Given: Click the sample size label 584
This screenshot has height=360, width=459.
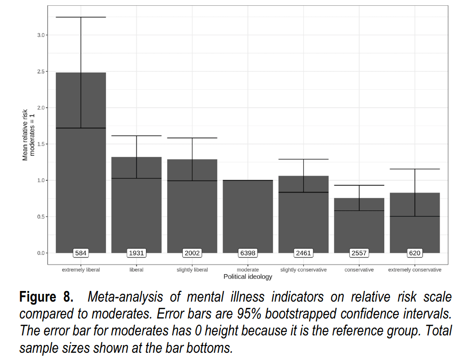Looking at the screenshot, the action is [x=81, y=253].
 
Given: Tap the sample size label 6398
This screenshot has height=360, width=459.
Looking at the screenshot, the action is [x=248, y=253].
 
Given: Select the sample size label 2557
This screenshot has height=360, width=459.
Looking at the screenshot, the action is [x=359, y=253].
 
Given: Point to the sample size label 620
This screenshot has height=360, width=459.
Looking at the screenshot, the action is [x=415, y=253].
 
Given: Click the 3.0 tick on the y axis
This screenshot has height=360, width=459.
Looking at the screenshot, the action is [x=40, y=35].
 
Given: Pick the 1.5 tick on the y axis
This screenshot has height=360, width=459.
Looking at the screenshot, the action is [x=40, y=144].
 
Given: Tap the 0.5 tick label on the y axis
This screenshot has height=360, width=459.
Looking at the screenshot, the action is [x=40, y=217].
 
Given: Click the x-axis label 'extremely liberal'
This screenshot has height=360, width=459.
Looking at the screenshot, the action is [x=81, y=269].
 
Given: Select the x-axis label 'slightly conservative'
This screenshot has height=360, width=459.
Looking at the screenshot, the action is [x=303, y=269].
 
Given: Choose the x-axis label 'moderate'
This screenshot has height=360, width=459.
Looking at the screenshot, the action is [x=248, y=269].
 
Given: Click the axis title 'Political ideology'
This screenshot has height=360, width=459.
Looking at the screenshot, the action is [x=248, y=277].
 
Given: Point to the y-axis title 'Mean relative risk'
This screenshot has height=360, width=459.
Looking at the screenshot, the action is [x=25, y=135].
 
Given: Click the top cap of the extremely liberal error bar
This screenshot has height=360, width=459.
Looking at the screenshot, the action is [x=81, y=17].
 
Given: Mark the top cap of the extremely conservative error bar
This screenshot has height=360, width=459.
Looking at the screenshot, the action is [x=415, y=169].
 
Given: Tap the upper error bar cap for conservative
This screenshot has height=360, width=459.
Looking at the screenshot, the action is [x=359, y=185].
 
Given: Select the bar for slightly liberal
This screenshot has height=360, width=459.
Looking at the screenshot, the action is [x=192, y=206].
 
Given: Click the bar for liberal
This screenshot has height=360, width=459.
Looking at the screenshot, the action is [x=136, y=205].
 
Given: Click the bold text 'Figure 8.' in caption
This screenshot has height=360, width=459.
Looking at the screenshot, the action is [x=46, y=297].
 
